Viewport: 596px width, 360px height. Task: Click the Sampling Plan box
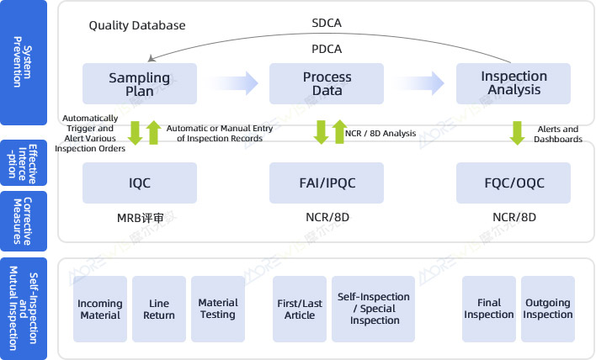[140, 84]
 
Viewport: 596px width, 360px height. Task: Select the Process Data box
[327, 84]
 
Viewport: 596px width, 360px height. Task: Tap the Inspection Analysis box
[514, 84]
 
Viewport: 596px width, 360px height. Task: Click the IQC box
[140, 183]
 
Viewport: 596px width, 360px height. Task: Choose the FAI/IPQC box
[327, 183]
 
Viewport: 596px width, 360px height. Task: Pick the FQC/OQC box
[514, 183]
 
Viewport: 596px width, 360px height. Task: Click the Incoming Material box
[100, 309]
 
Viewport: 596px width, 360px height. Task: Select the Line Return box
[159, 309]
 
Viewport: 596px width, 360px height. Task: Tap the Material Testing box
[217, 309]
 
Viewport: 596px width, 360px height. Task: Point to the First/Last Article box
[299, 309]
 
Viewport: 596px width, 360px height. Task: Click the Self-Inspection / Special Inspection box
[374, 309]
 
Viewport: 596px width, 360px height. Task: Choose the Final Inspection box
[488, 309]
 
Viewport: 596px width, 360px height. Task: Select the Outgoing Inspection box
[548, 309]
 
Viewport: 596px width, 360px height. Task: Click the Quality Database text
[137, 26]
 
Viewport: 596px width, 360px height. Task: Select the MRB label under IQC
[140, 217]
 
